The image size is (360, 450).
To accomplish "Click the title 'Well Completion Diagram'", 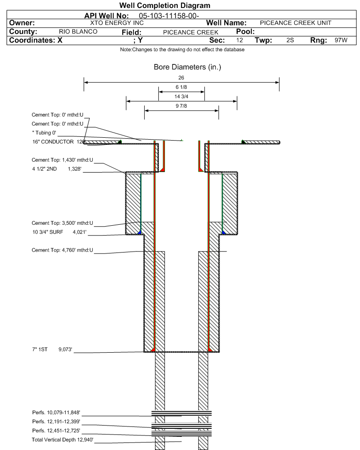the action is click(164, 6).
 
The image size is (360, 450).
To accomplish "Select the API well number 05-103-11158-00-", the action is click(169, 16).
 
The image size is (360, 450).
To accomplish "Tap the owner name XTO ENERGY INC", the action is click(117, 23).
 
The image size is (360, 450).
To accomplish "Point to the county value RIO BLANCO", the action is click(78, 32).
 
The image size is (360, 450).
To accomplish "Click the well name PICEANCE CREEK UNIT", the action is click(296, 23).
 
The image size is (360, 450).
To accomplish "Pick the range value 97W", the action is click(341, 40).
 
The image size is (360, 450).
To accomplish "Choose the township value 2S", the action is click(290, 40).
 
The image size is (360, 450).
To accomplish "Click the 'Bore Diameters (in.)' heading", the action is click(188, 67).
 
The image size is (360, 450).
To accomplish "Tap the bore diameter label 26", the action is click(181, 78).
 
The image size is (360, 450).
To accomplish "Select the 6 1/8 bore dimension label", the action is click(181, 87).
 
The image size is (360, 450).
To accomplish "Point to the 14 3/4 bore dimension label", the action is click(181, 97).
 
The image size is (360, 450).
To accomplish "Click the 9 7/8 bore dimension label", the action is click(181, 106).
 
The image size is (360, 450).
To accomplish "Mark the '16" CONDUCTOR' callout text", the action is click(53, 142).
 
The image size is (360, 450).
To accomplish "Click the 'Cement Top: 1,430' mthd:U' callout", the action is click(62, 160).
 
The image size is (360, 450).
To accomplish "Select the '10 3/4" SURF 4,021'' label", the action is click(59, 232).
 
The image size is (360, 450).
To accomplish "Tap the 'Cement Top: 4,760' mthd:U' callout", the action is click(62, 250).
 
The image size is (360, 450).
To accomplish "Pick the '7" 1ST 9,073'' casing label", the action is click(52, 349).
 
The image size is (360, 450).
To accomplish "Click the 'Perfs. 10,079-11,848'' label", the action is click(56, 413).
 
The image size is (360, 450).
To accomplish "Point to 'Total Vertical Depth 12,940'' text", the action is click(63, 440).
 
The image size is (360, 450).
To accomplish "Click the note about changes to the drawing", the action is click(182, 50).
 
